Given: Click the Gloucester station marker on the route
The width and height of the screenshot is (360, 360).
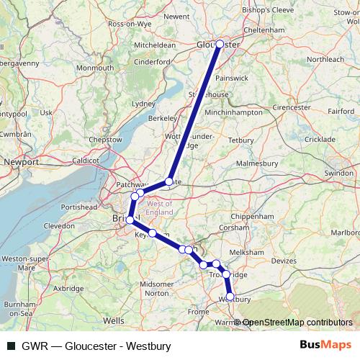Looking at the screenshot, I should [x=220, y=44].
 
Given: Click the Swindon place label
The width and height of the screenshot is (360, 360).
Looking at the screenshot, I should [x=338, y=174].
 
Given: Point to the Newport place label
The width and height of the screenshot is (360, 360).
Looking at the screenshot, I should [x=21, y=162].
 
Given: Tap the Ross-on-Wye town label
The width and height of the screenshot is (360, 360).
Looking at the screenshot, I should [x=127, y=24].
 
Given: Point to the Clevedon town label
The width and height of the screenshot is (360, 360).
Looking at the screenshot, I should [x=59, y=225].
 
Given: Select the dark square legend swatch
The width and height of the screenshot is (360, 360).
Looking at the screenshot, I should [x=10, y=346].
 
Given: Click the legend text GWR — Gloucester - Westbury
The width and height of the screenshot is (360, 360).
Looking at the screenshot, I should [x=96, y=346].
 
